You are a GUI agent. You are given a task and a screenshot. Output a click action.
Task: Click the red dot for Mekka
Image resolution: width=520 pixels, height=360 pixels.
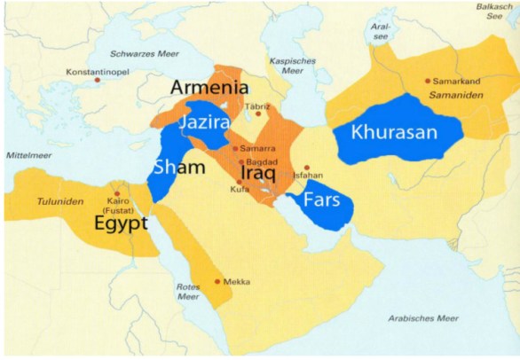(217, 281)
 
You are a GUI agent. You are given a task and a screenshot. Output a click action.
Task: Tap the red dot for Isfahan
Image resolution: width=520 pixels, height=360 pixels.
(306, 167)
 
